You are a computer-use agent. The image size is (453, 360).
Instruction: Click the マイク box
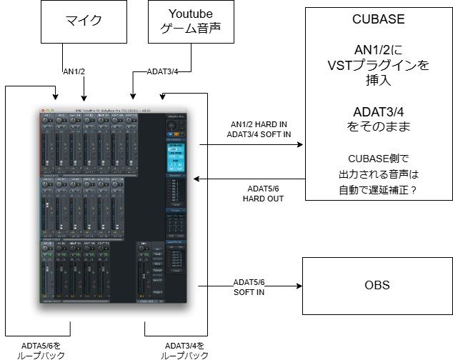coord(83,21)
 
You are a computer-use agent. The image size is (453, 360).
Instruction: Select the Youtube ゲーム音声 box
coord(181,21)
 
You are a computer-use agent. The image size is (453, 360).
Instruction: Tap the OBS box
coord(377,285)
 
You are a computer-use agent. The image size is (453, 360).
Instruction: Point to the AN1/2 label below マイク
coord(74,71)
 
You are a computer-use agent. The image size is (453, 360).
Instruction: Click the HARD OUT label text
coord(254,198)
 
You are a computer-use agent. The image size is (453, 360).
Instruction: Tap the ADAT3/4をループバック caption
coord(184,349)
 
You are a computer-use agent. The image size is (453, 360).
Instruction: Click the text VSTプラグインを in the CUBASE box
coord(377,66)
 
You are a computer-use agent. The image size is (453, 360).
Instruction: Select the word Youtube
coord(181,14)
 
